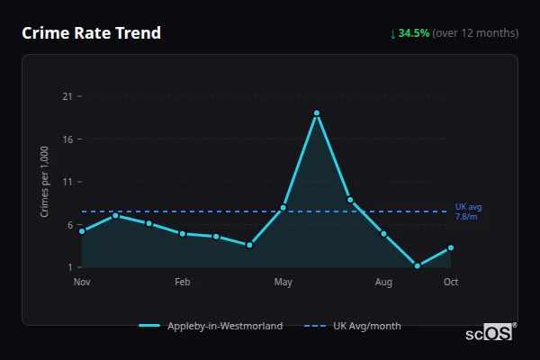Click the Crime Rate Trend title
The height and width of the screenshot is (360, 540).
(x=92, y=33)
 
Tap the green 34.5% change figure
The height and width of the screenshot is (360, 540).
(x=414, y=33)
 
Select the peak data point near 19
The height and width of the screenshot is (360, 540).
(x=317, y=113)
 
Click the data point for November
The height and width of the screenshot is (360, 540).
(x=82, y=231)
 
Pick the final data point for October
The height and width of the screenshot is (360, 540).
(x=451, y=247)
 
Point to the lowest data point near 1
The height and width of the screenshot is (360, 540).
(x=418, y=265)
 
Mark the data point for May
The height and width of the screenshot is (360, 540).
(x=283, y=208)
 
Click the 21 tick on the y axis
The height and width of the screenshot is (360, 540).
(x=67, y=96)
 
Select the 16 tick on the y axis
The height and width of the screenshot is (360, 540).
(x=67, y=139)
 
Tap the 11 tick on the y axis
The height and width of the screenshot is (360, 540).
(x=67, y=182)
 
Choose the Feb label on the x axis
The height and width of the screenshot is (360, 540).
(x=182, y=283)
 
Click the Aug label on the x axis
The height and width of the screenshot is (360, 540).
(x=383, y=283)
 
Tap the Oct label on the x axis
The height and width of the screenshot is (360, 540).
(x=451, y=283)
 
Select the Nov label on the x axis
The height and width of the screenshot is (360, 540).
(x=82, y=283)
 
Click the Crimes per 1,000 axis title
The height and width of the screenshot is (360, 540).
(x=45, y=181)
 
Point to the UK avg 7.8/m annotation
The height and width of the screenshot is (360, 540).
(x=466, y=211)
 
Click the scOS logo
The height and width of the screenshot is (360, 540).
(x=490, y=332)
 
